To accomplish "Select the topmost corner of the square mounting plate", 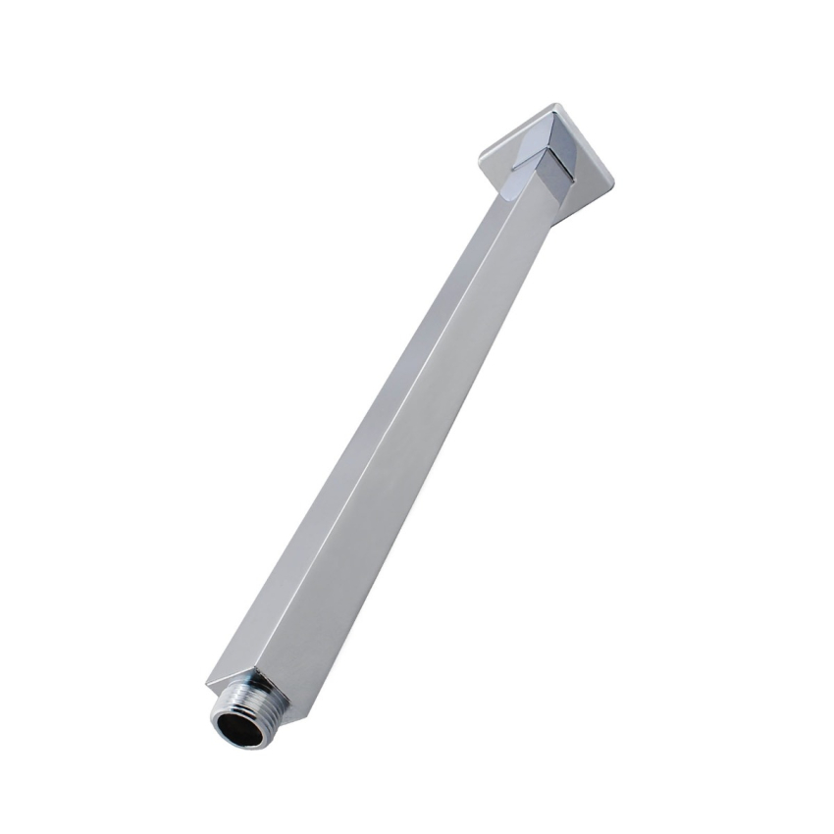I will [x=554, y=102].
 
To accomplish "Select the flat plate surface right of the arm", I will [x=587, y=177].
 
